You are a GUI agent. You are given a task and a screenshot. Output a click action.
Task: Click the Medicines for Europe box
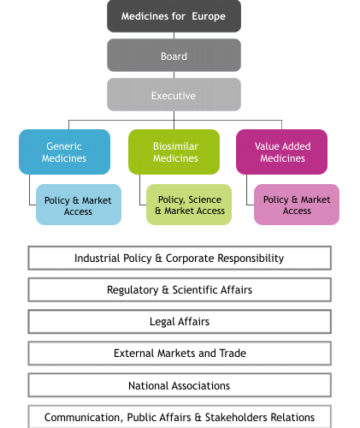[174, 16]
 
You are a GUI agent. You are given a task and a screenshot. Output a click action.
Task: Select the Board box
[174, 56]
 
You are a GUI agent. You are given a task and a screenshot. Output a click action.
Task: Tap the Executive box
[174, 95]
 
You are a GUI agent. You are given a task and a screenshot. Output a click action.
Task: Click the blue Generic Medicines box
[64, 152]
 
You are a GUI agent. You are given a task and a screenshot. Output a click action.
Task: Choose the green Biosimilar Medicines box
[174, 152]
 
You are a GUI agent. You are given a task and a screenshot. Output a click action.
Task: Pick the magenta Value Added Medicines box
[281, 152]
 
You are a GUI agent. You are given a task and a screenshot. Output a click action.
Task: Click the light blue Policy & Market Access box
[79, 205]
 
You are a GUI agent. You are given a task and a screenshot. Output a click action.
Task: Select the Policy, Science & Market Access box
[189, 205]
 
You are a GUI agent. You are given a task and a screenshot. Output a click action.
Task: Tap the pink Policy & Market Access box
[297, 205]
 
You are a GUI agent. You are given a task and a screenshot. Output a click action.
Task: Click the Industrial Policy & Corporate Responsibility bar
[180, 258]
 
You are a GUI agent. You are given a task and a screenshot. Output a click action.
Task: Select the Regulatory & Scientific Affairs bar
[180, 289]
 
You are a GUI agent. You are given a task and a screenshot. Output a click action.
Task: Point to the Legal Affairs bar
[180, 322]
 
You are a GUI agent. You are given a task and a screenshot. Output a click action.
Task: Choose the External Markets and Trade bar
[180, 354]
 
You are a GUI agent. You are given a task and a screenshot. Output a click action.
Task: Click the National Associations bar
[180, 385]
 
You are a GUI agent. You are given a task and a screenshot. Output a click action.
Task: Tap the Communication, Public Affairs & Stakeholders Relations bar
[180, 417]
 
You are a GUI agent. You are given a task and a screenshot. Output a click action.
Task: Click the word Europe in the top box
[209, 16]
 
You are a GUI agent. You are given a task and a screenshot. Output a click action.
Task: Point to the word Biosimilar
[175, 146]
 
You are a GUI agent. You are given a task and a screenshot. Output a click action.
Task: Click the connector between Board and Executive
[174, 74]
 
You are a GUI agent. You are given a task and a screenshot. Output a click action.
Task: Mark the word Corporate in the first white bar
[190, 259]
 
